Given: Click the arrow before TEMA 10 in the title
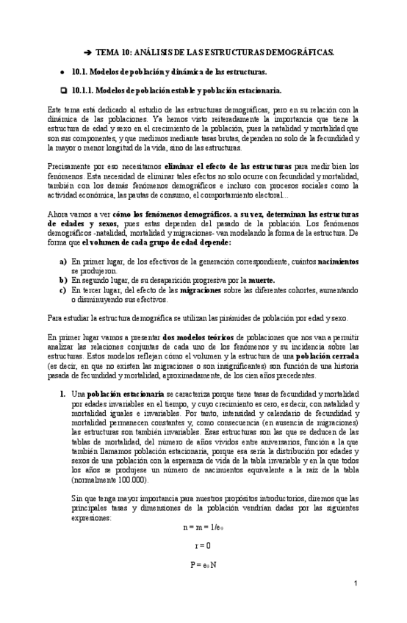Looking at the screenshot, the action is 88,53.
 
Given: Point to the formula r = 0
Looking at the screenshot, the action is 203,546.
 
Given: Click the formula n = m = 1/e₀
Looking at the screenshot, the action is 203,527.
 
